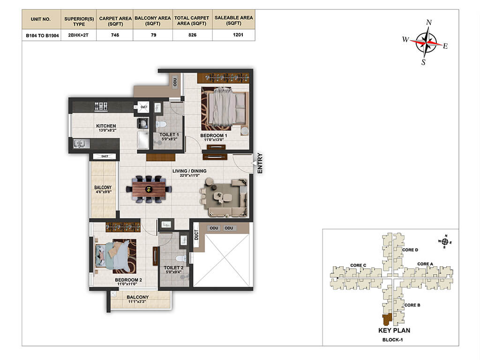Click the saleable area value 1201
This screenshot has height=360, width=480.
coord(238,35)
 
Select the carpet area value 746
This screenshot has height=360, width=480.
coord(115,35)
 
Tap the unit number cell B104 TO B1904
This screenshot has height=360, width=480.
coord(42,36)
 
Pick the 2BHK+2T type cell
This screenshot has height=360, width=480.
coord(78,35)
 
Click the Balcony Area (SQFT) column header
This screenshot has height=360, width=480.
coord(153,21)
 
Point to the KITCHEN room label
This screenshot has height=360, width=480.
coord(106,126)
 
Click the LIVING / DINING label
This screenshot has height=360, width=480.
coord(189,171)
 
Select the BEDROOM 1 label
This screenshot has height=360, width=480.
coord(214,135)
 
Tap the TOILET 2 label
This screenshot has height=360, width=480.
coord(173,268)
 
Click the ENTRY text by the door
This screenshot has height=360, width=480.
coord(260,163)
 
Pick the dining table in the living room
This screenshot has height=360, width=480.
coord(149,190)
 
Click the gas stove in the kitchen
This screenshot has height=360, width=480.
coord(101,106)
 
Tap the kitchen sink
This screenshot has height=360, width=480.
coord(81,143)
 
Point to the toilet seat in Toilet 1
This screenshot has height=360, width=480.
coord(161,124)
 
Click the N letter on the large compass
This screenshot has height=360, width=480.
coord(429,22)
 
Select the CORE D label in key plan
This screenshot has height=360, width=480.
coord(410,250)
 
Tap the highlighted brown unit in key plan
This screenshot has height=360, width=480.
coord(387,320)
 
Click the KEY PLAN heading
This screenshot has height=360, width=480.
coord(394,330)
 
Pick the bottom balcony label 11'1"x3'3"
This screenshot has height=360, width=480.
coord(137,301)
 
